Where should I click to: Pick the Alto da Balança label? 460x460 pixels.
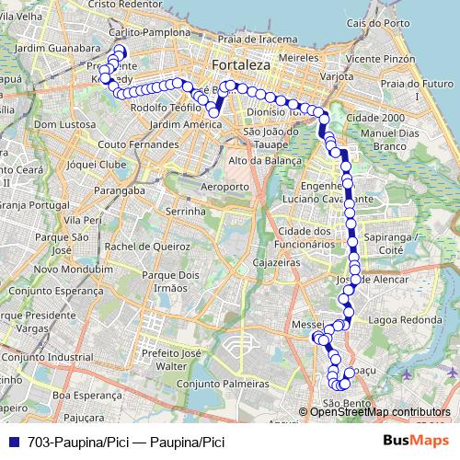coord(264,160)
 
